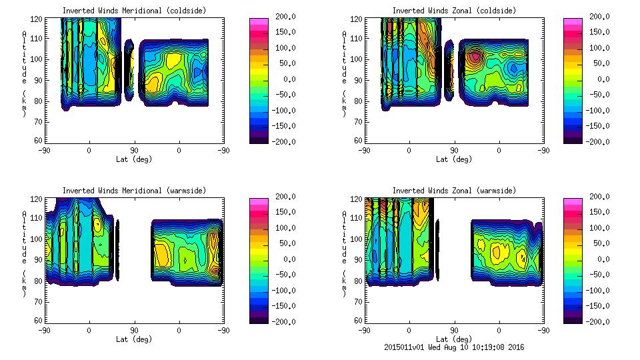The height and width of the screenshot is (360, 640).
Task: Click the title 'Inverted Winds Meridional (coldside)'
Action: tap(135, 11)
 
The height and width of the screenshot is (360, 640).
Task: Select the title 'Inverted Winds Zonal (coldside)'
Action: tap(454, 11)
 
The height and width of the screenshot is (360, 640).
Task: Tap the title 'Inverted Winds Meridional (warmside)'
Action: tap(135, 191)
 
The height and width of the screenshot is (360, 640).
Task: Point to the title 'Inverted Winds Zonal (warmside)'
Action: tap(454, 191)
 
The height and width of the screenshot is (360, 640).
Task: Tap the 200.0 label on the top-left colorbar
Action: tap(282, 17)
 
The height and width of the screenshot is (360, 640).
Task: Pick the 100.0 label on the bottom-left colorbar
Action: tap(282, 228)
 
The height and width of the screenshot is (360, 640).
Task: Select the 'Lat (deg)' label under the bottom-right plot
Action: tap(455, 339)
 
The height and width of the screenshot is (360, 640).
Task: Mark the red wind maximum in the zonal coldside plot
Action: tap(473, 58)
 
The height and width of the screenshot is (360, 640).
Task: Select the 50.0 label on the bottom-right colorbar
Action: tap(598, 243)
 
